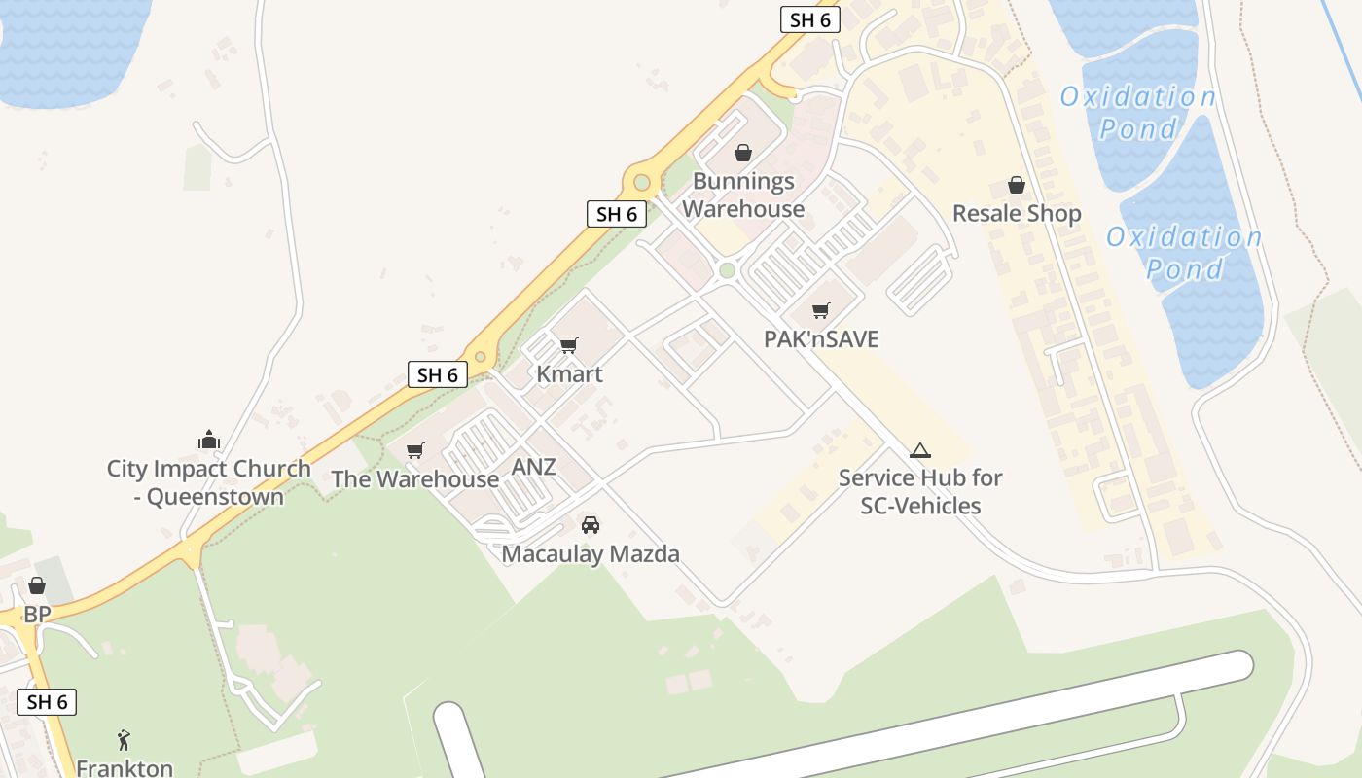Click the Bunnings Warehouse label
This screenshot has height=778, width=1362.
pyautogui.click(x=743, y=194)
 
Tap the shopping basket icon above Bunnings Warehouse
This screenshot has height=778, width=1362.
pyautogui.click(x=743, y=153)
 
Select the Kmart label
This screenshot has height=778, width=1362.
pyautogui.click(x=570, y=374)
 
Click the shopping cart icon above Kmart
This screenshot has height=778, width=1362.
pyautogui.click(x=569, y=345)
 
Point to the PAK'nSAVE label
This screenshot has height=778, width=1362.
pyautogui.click(x=821, y=339)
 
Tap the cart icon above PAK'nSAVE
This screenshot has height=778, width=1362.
pyautogui.click(x=821, y=311)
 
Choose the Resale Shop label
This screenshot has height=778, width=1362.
pyautogui.click(x=1017, y=213)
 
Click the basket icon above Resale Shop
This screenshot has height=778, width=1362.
pyautogui.click(x=1017, y=185)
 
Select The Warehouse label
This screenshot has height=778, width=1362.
pyautogui.click(x=415, y=479)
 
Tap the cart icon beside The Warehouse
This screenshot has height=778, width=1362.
pyautogui.click(x=415, y=450)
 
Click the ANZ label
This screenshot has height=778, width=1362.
pyautogui.click(x=534, y=467)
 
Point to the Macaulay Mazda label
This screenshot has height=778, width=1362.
pyautogui.click(x=591, y=554)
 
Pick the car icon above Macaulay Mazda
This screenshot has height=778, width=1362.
pyautogui.click(x=591, y=525)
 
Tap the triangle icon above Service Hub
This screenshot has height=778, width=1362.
pyautogui.click(x=920, y=451)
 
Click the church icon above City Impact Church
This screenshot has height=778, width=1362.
pyautogui.click(x=209, y=441)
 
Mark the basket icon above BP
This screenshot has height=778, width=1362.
pyautogui.click(x=37, y=585)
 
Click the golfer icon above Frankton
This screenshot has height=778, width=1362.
pyautogui.click(x=124, y=740)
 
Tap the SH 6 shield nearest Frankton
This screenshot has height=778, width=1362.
pyautogui.click(x=47, y=702)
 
